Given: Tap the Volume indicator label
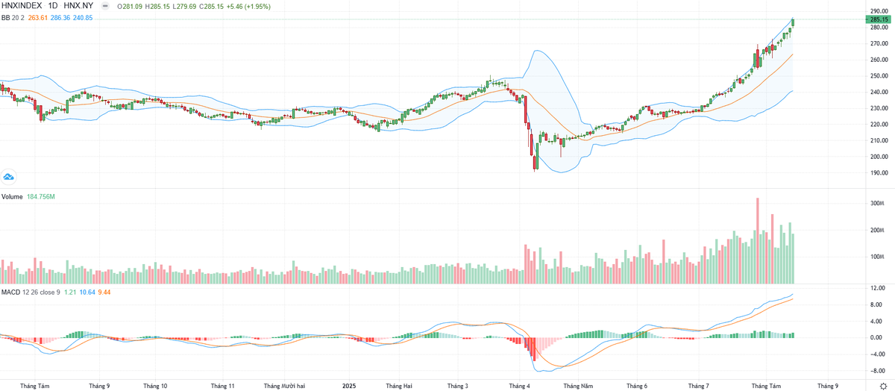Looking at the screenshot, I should point(12,197).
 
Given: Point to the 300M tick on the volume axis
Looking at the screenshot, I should point(877,203).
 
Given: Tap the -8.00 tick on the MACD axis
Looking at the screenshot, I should point(878,370).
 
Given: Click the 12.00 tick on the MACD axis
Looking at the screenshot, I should point(878,288).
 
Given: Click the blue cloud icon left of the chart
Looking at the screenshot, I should point(9,177).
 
